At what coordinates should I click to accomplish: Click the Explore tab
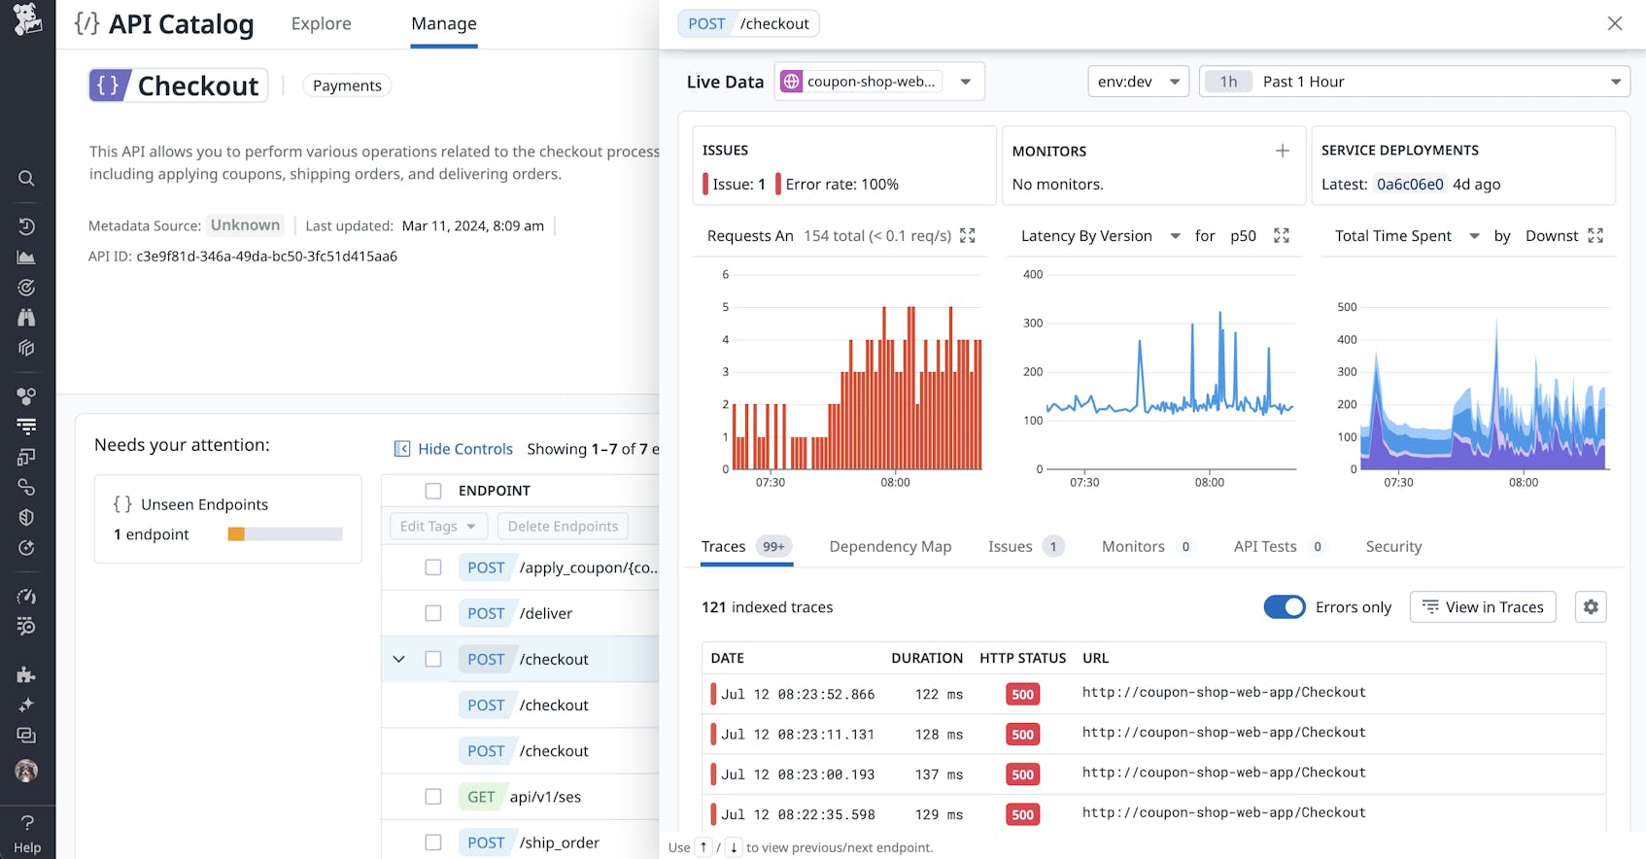pos(321,23)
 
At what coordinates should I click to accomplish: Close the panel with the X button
pos(1614,23)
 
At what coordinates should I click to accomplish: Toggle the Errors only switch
pos(1284,607)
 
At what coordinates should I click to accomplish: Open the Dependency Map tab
pos(889,547)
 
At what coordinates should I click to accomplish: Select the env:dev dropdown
pos(1137,82)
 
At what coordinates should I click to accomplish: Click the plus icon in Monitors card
pos(1282,151)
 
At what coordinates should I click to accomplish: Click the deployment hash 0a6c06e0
pos(1409,185)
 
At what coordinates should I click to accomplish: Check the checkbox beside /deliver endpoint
pos(433,613)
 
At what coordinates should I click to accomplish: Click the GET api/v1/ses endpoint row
pos(544,797)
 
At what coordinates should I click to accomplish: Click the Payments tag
pos(347,86)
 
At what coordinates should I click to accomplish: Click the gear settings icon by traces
pos(1590,607)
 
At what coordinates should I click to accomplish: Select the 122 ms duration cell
pos(938,695)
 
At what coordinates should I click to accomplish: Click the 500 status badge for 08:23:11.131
pos(1022,735)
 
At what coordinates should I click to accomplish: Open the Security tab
pos(1392,547)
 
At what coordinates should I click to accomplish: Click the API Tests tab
pos(1264,547)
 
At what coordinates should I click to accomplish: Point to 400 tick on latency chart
pos(1032,275)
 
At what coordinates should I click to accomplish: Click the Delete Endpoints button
pos(563,527)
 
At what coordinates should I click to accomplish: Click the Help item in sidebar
pos(27,835)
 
